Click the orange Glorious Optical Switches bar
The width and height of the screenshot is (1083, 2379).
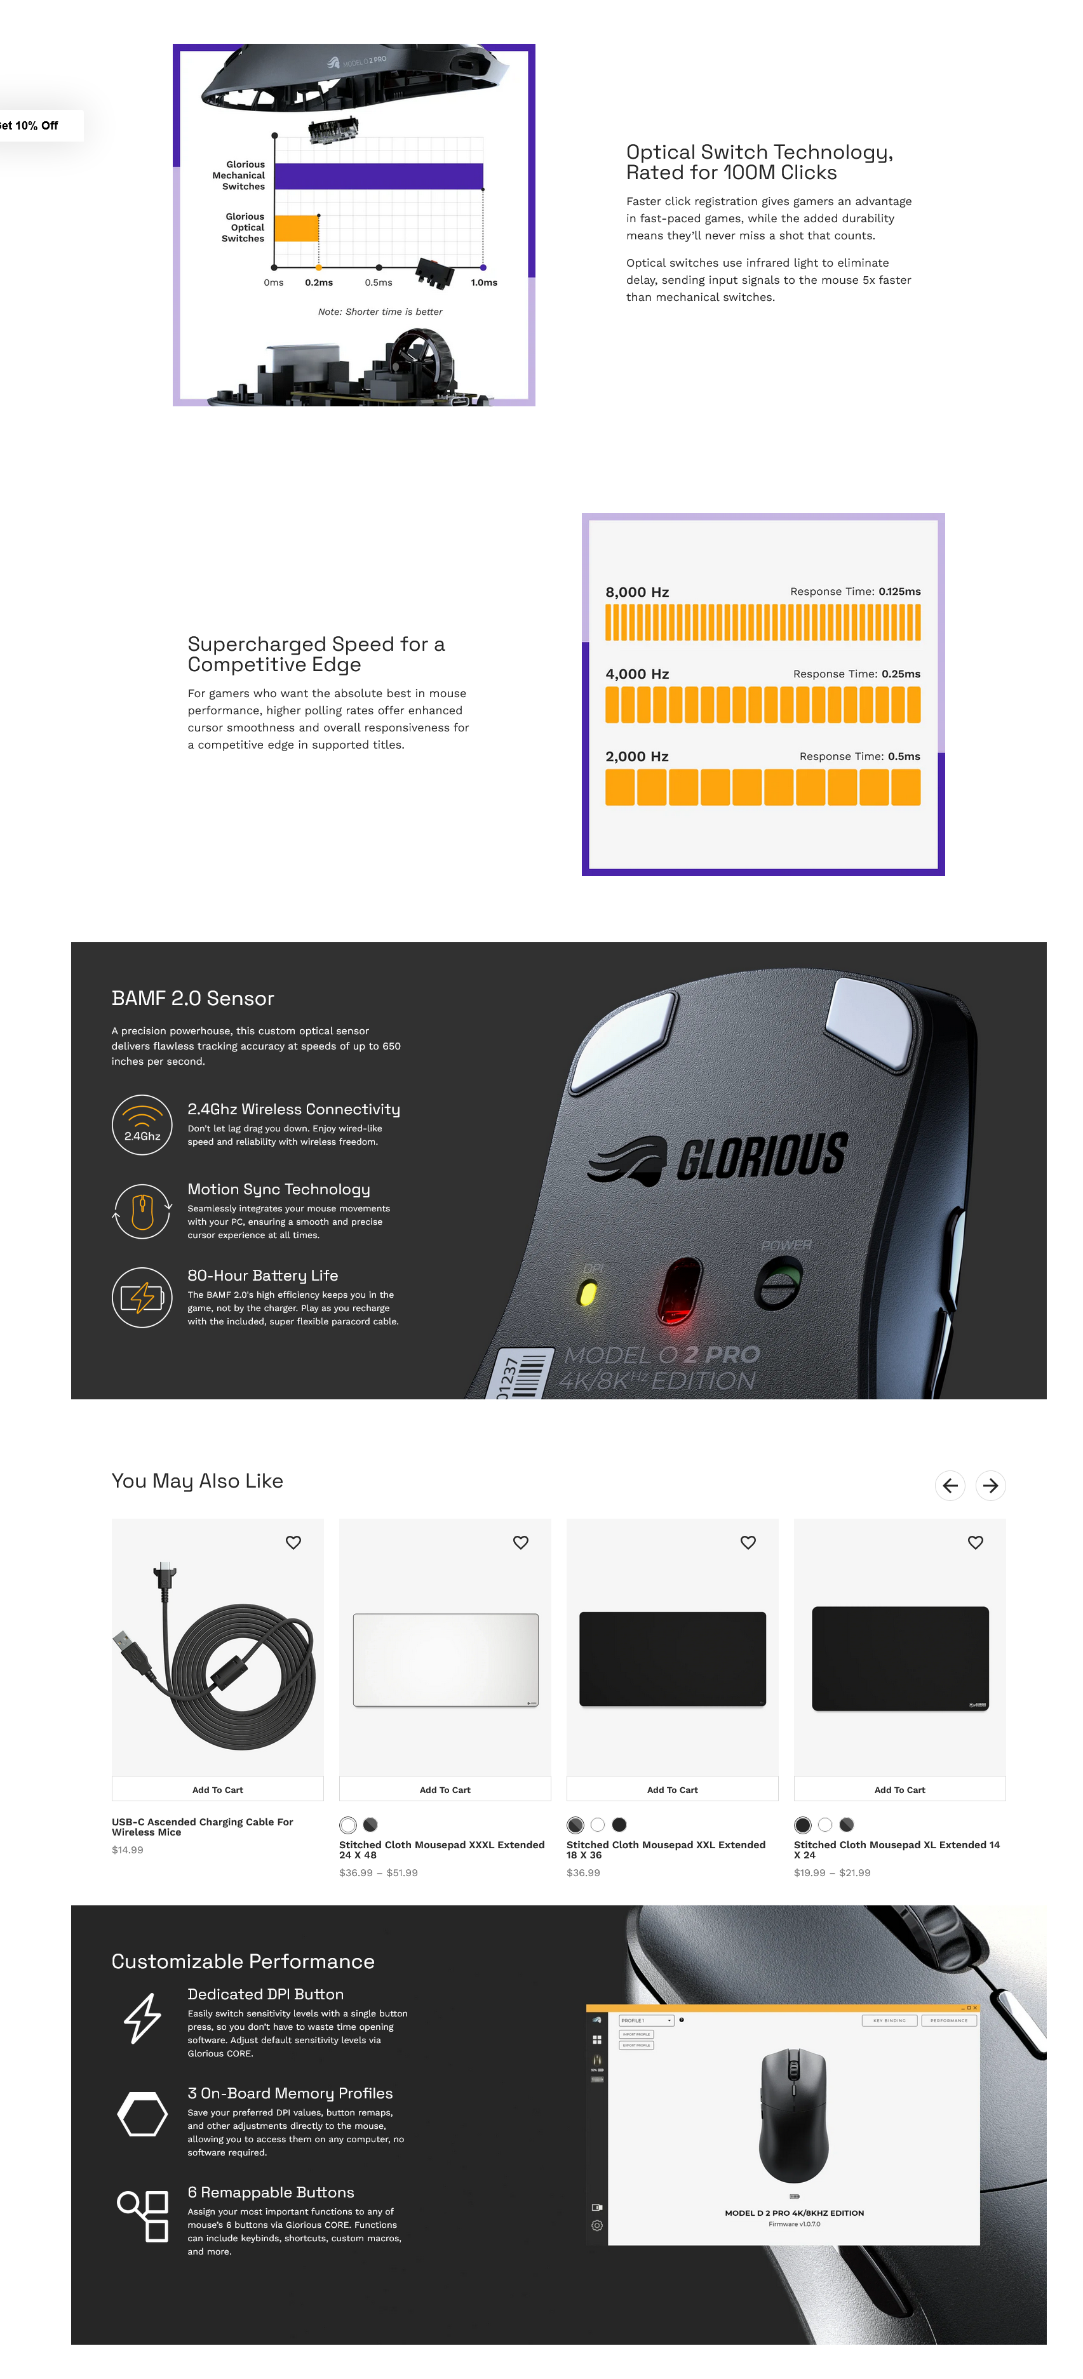pos(297,228)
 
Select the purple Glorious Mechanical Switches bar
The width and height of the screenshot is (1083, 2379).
pos(379,175)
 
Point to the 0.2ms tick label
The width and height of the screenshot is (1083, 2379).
pos(319,283)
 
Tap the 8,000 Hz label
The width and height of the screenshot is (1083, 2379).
pos(636,592)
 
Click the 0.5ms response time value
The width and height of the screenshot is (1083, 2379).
pos(903,756)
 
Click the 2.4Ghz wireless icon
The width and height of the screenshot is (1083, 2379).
pos(142,1124)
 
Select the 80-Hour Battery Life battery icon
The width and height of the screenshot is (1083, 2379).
pos(142,1296)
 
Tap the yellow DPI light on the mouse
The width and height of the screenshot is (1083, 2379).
pos(587,1293)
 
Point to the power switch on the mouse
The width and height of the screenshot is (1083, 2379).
pos(778,1284)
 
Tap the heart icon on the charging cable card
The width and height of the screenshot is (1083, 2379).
pos(293,1542)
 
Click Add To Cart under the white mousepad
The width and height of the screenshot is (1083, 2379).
pos(445,1790)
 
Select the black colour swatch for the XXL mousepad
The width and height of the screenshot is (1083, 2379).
pos(619,1825)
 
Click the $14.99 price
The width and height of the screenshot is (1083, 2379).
pos(128,1850)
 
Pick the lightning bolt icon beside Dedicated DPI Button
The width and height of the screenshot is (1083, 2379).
pos(142,2018)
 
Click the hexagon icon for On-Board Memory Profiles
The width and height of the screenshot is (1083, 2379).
pos(142,2114)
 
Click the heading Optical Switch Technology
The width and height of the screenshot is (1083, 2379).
pos(758,162)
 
